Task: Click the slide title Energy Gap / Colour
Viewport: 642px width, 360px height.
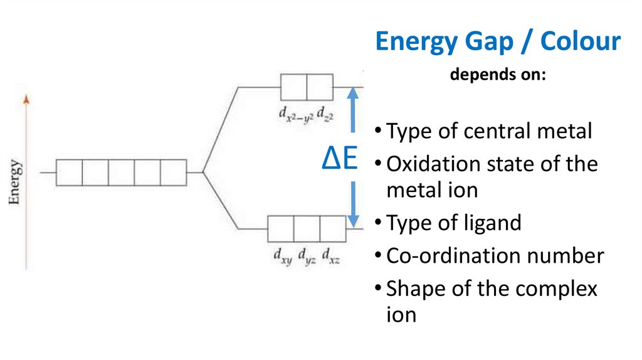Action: (498, 43)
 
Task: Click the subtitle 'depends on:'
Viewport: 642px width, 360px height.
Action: (498, 75)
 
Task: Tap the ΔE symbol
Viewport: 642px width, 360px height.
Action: (339, 161)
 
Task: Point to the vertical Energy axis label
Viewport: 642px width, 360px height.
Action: (15, 183)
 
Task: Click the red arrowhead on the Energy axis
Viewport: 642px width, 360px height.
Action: (26, 98)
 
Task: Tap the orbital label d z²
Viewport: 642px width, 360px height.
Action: (324, 114)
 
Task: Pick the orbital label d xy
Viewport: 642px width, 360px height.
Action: (282, 255)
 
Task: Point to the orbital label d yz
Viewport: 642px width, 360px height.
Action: (307, 255)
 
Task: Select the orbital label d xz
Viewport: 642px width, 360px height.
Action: (331, 255)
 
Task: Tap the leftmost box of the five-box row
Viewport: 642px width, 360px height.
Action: (69, 172)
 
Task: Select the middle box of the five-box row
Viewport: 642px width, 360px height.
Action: (121, 172)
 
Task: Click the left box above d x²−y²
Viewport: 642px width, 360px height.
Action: (293, 87)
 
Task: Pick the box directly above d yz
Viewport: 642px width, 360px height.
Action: (307, 228)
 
